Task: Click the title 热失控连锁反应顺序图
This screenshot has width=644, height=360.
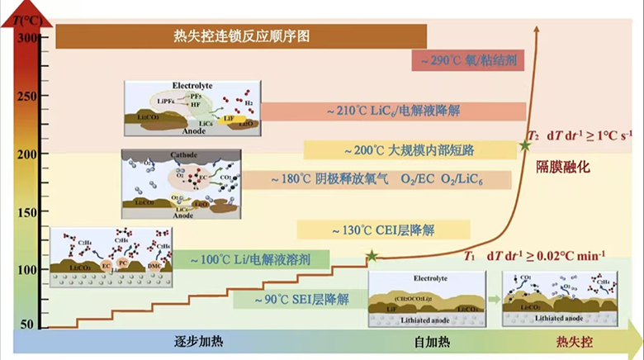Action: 241,36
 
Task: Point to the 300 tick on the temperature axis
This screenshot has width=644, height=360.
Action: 28,38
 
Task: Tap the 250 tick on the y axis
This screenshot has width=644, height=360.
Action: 28,97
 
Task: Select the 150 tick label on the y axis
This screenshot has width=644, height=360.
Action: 28,212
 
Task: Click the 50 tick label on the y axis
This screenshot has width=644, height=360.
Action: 28,324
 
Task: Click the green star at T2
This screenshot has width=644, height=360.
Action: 525,145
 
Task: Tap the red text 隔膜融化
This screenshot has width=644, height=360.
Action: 564,166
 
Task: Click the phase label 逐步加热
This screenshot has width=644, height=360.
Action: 198,342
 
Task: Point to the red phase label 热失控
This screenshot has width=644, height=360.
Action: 575,342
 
